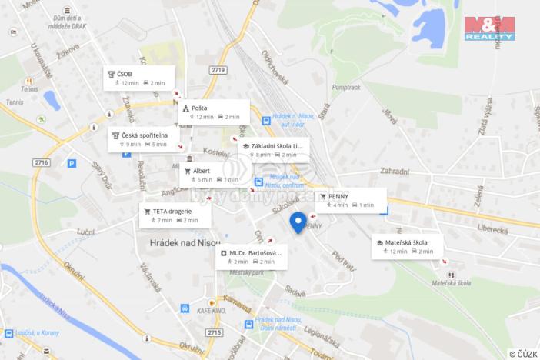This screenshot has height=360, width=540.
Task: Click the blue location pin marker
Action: [298, 222]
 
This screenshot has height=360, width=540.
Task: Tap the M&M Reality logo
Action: [488, 27]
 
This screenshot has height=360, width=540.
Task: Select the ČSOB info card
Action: [139, 78]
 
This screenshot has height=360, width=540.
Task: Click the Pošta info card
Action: [214, 112]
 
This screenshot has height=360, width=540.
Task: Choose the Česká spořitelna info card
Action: [144, 139]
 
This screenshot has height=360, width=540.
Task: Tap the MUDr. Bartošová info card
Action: [252, 256]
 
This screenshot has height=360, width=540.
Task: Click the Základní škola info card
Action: [273, 149]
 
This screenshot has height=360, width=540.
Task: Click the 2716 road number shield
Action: [41, 162]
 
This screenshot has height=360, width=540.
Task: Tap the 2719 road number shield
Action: [218, 70]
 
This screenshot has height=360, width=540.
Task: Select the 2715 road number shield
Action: [214, 332]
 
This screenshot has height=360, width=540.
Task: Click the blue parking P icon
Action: [72, 163]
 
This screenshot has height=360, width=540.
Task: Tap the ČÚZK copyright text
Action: [523, 353]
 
